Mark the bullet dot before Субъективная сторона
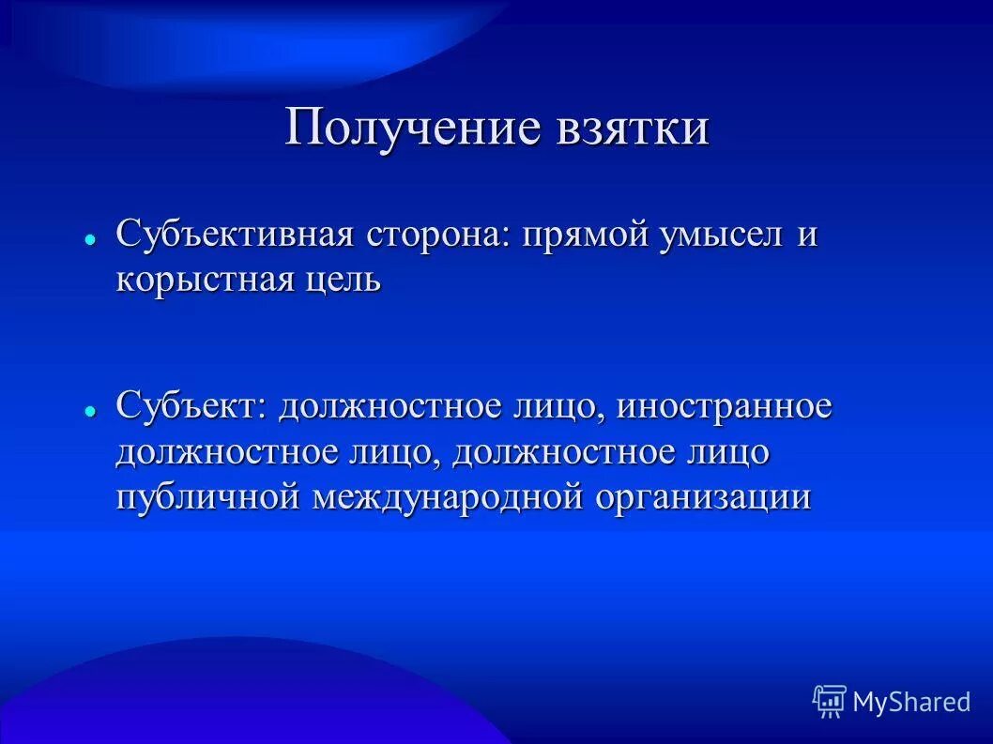[x=90, y=240]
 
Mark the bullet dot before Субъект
[x=90, y=412]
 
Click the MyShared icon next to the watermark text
[x=829, y=700]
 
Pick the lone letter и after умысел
[x=807, y=235]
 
